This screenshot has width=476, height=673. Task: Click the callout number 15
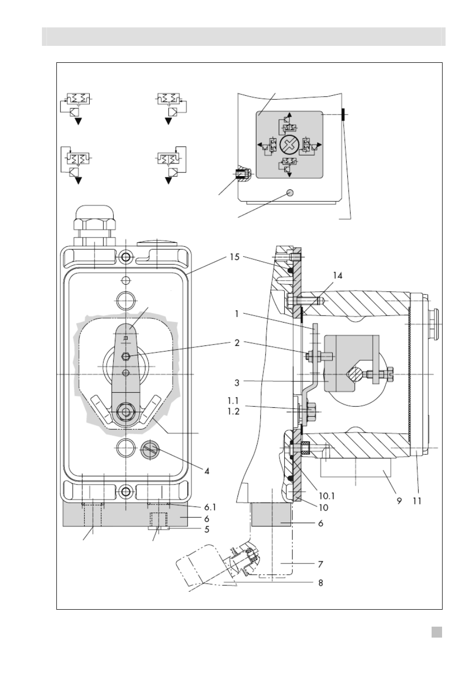235,257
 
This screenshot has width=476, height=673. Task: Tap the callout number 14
338,276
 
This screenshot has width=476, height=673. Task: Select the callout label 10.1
327,496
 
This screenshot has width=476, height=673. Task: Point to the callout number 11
417,501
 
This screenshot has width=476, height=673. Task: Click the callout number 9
399,501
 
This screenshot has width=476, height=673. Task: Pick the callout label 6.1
210,507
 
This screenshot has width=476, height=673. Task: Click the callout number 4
207,471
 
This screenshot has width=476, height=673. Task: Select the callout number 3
237,383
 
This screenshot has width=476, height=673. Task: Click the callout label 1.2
234,411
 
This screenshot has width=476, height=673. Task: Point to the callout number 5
207,529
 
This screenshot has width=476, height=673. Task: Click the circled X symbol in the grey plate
289,146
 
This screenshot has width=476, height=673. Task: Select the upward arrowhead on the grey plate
289,115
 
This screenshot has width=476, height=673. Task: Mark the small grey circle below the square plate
290,192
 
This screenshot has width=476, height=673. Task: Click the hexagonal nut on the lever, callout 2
126,356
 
